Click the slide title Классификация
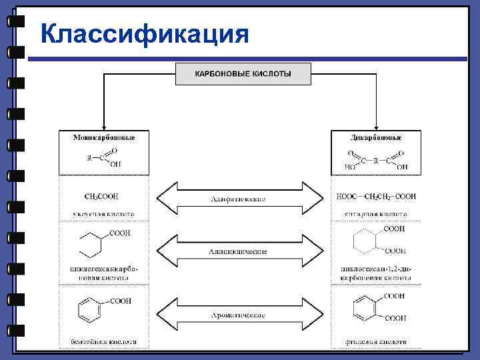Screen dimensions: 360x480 tap(144, 33)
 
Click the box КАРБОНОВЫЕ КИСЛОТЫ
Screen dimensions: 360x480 tap(243, 73)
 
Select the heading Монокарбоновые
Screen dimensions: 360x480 tap(103, 137)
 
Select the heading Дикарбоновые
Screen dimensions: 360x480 tap(376, 137)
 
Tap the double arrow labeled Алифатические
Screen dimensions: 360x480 tap(238, 199)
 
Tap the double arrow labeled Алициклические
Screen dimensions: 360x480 tap(238, 251)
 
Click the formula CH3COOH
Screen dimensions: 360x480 tap(102, 197)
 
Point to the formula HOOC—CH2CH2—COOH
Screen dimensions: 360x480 tap(376, 197)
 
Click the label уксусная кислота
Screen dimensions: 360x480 tap(103, 215)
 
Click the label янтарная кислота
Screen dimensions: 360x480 tap(377, 215)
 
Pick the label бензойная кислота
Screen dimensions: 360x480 tap(103, 342)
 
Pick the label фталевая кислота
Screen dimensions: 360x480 tap(377, 342)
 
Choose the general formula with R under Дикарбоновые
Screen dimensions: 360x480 tap(377, 160)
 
